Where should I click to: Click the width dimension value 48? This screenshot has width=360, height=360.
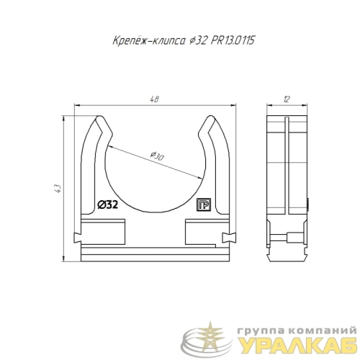[156, 99]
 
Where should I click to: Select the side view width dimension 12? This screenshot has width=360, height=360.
[287, 99]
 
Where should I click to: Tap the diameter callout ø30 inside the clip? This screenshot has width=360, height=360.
[157, 156]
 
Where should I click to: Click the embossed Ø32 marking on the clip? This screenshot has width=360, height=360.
[107, 204]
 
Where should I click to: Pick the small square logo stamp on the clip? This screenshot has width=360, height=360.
[204, 204]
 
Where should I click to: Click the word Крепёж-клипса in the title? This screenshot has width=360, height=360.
[149, 41]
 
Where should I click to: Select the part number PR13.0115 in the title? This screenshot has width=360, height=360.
[233, 40]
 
